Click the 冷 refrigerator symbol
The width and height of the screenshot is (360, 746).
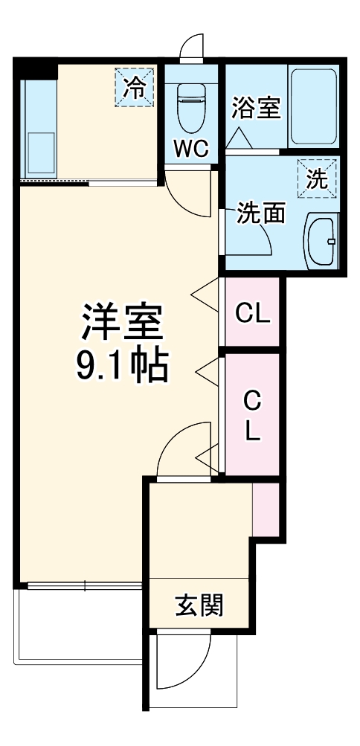pyautogui.click(x=135, y=88)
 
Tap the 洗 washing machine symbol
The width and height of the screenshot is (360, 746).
pyautogui.click(x=318, y=179)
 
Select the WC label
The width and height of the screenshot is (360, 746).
pyautogui.click(x=192, y=149)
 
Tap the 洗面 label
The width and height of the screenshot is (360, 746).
pyautogui.click(x=262, y=213)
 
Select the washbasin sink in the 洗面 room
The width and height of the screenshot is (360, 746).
pyautogui.click(x=322, y=240)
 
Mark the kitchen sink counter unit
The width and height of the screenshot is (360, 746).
pyautogui.click(x=38, y=126)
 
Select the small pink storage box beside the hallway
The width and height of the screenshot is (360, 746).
pyautogui.click(x=266, y=509)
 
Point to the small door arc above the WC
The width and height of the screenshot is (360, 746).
pyautogui.click(x=193, y=46)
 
